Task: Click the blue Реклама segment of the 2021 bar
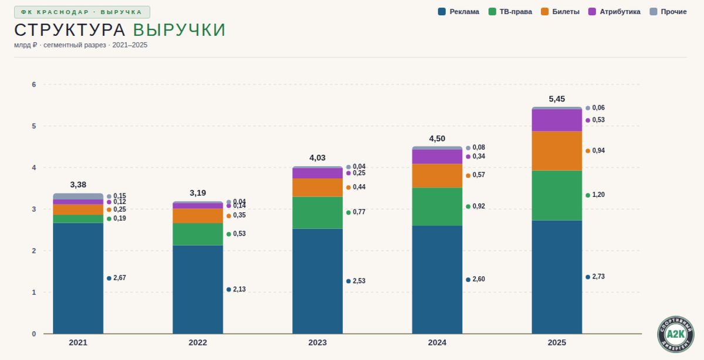pos(78,278)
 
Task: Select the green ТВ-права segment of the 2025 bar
pos(557,195)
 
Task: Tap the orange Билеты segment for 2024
pos(437,175)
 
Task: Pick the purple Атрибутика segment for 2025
pos(557,120)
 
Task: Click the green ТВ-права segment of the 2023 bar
pos(317,212)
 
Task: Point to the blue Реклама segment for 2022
pos(198,289)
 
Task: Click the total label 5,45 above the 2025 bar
pos(557,99)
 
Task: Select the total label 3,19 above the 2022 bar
pos(198,193)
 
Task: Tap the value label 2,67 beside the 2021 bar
pos(120,278)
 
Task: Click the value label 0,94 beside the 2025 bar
pos(598,151)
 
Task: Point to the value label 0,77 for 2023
pos(359,212)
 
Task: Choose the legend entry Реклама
pos(459,12)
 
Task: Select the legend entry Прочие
pos(668,12)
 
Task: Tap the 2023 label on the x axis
pos(317,342)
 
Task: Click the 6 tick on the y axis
pos(34,84)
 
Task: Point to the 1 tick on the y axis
pos(34,293)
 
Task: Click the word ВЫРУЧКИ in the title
pos(179,30)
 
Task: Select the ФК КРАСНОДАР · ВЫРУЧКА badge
pos(82,12)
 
